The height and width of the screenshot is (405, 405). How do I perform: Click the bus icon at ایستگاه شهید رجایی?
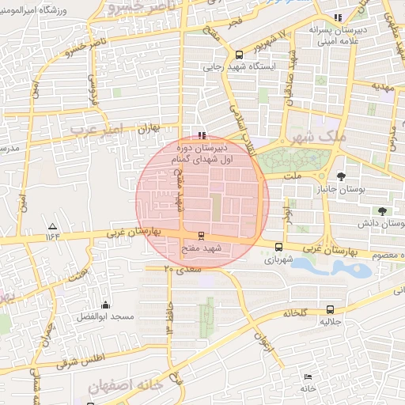click(x=239, y=55)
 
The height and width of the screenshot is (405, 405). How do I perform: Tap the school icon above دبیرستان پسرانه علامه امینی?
click(x=339, y=17)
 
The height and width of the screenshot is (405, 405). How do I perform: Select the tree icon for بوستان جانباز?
click(x=341, y=176)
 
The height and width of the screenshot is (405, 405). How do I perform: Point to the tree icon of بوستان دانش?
click(x=383, y=211)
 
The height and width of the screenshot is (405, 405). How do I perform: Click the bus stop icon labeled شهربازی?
click(x=278, y=247)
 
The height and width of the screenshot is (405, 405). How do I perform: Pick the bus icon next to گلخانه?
click(x=330, y=310)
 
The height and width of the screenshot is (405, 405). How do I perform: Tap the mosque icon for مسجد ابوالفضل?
click(x=105, y=305)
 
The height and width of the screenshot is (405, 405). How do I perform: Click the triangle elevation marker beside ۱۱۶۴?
click(x=53, y=225)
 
